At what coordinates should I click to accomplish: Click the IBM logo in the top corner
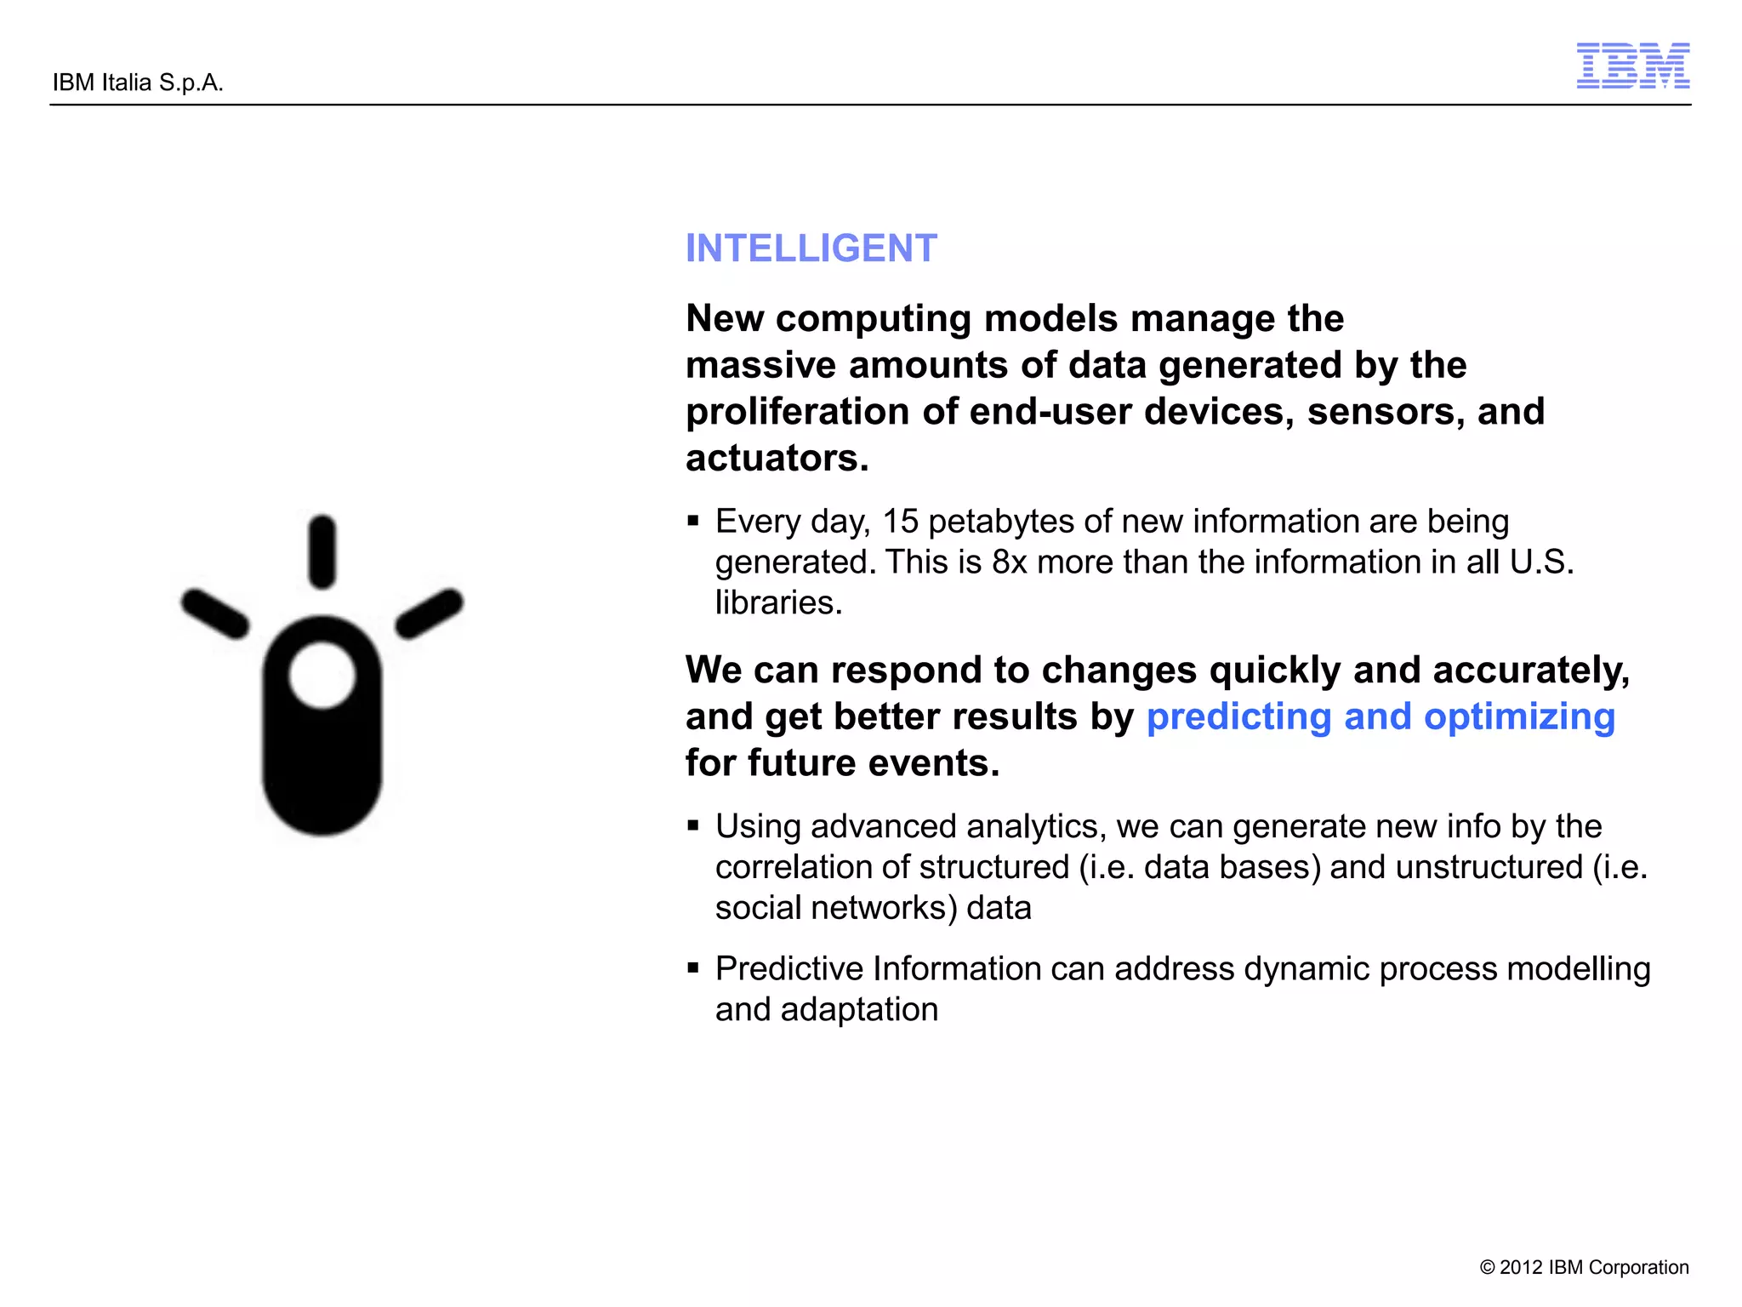click(x=1632, y=66)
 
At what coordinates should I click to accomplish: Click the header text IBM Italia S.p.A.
click(x=138, y=83)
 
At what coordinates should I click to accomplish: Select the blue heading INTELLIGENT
click(x=811, y=248)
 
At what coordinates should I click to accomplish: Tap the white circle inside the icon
click(x=322, y=675)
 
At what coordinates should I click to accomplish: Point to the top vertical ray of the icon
click(x=322, y=551)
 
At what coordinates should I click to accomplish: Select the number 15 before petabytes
click(x=900, y=522)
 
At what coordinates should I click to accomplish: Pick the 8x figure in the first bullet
click(x=1009, y=562)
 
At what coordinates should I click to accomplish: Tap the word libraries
click(x=777, y=602)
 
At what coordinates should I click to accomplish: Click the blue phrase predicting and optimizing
click(x=1380, y=716)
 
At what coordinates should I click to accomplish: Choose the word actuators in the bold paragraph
click(x=776, y=458)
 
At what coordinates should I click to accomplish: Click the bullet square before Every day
click(x=693, y=521)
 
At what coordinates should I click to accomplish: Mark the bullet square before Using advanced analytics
click(x=693, y=825)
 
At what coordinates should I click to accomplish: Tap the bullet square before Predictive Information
click(x=693, y=967)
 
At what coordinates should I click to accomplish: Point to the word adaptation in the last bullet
click(x=859, y=1010)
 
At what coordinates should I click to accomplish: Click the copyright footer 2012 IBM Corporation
click(x=1584, y=1267)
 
